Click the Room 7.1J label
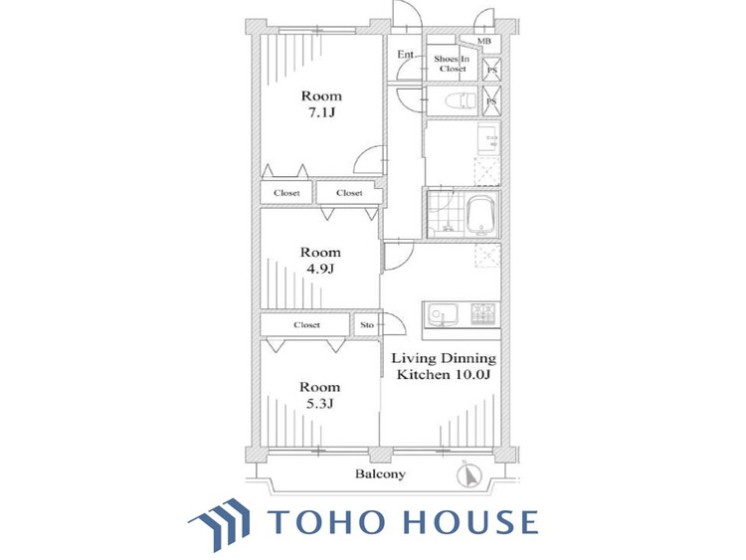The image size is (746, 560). [x=321, y=104]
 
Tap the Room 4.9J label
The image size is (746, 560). [x=320, y=261]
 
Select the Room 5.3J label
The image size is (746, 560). [x=319, y=395]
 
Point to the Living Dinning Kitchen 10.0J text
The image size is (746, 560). [x=444, y=366]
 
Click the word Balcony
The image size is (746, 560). [x=381, y=473]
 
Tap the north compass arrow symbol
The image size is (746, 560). [x=469, y=475]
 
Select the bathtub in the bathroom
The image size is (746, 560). [x=482, y=216]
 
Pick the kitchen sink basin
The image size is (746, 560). [x=443, y=313]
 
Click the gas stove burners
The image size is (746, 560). [x=482, y=313]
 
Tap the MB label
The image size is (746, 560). [x=483, y=42]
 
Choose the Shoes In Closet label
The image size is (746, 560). [x=452, y=64]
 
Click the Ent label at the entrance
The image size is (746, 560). [x=406, y=55]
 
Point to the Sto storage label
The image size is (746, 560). [x=367, y=325]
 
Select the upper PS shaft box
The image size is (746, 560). [x=491, y=70]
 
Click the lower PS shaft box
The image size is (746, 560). [x=491, y=100]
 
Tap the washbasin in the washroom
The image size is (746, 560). [x=488, y=139]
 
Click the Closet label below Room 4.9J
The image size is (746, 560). [x=306, y=325]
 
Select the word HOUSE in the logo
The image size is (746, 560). [x=471, y=521]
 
